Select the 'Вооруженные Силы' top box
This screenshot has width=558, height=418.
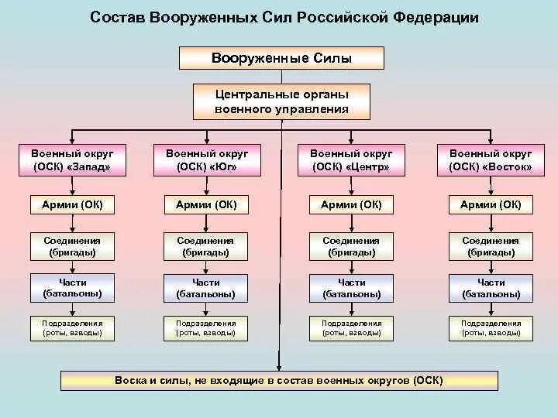[x=282, y=58]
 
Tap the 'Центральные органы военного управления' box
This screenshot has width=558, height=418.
[x=282, y=101]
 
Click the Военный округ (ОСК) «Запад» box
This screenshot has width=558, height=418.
[x=73, y=160]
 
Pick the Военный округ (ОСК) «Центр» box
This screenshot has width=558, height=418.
[x=351, y=160]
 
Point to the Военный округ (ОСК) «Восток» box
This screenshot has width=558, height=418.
[x=491, y=160]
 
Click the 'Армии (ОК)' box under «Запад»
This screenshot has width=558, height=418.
[x=73, y=204]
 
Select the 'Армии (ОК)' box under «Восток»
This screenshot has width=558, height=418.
[x=491, y=204]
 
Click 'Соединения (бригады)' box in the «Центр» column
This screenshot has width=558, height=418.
[x=351, y=246]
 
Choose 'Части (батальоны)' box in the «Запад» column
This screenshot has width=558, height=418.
[x=73, y=288]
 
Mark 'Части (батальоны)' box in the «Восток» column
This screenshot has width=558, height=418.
[x=491, y=288]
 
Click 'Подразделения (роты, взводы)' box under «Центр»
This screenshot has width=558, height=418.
[x=351, y=328]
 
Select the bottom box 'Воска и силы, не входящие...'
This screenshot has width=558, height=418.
[x=279, y=381]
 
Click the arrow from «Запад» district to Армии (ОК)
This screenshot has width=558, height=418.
[x=73, y=185]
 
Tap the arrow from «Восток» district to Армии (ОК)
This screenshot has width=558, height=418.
[x=491, y=185]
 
